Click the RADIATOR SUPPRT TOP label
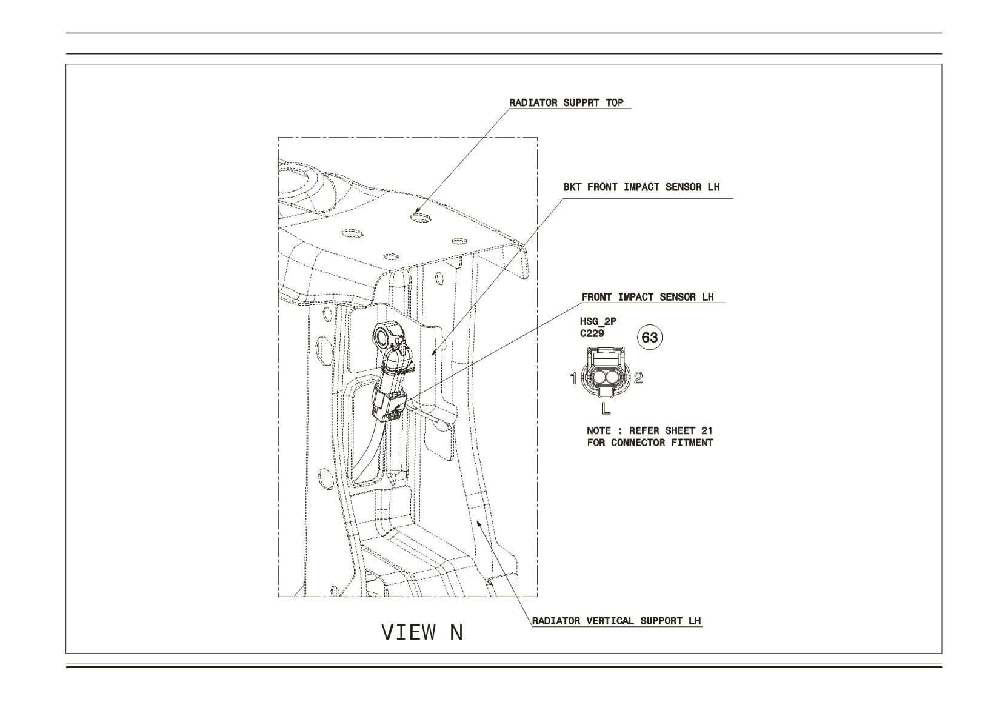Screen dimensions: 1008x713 567,102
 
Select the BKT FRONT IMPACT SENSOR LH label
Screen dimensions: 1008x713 641,187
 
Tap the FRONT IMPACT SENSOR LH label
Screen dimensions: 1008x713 647,297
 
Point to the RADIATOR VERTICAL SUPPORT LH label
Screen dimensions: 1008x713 616,621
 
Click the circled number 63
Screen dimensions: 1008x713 650,337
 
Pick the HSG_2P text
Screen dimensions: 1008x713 598,321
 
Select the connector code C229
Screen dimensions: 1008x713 592,333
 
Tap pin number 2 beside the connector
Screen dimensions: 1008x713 638,378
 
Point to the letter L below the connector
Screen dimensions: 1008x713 606,408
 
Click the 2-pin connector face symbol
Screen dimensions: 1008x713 606,372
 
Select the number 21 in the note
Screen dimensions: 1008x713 707,430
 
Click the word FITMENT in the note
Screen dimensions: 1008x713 692,443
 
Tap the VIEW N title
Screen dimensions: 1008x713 422,632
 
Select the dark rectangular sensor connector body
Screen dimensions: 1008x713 387,405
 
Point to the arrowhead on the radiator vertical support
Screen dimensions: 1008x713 479,523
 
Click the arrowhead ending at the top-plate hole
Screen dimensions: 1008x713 418,210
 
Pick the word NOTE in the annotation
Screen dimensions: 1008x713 599,430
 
